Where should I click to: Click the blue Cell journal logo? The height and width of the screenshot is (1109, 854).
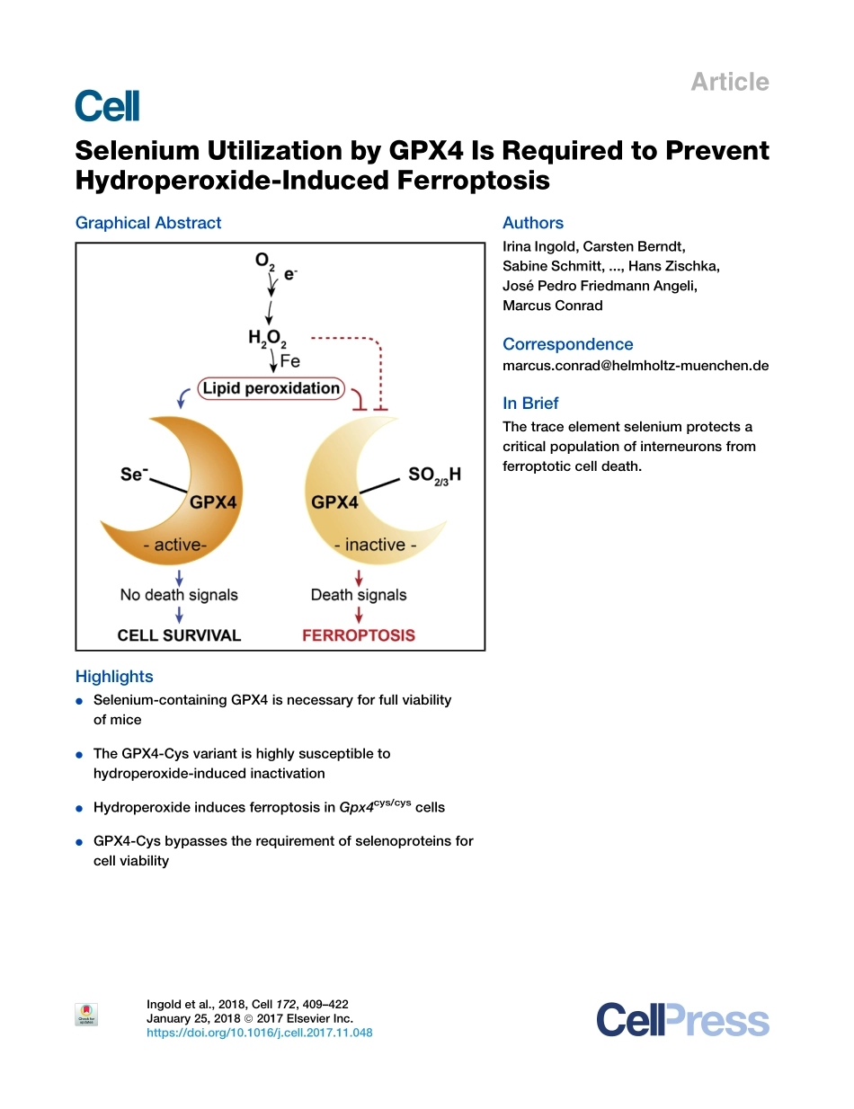[107, 106]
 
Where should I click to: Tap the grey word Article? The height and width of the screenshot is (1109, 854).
[729, 82]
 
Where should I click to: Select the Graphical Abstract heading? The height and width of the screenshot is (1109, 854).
[148, 223]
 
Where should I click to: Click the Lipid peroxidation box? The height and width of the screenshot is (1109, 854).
[271, 388]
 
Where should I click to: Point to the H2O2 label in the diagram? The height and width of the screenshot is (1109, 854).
[267, 339]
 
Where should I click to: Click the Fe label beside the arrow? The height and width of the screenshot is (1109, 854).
[290, 361]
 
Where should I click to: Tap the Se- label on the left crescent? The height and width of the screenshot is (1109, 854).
[134, 474]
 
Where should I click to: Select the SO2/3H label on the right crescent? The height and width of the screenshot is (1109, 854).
[434, 475]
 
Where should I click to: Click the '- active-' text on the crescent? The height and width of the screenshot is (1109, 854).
[175, 545]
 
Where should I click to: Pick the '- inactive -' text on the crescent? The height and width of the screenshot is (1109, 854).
[375, 545]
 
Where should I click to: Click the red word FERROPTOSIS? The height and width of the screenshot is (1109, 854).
[359, 635]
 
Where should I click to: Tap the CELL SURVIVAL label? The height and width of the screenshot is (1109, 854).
[179, 635]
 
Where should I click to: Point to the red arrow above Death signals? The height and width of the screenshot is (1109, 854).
[359, 578]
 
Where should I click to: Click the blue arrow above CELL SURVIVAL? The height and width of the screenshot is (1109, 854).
[179, 615]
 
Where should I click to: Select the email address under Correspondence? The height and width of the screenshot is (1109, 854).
[636, 366]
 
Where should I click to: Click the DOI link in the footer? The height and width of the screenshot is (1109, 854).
[259, 1033]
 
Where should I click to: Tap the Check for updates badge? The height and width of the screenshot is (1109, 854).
[86, 1014]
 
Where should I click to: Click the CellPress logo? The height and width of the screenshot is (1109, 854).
[682, 1020]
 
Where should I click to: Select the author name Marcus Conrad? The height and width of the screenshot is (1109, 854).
[552, 306]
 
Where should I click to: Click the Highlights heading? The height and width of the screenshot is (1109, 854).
[114, 677]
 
